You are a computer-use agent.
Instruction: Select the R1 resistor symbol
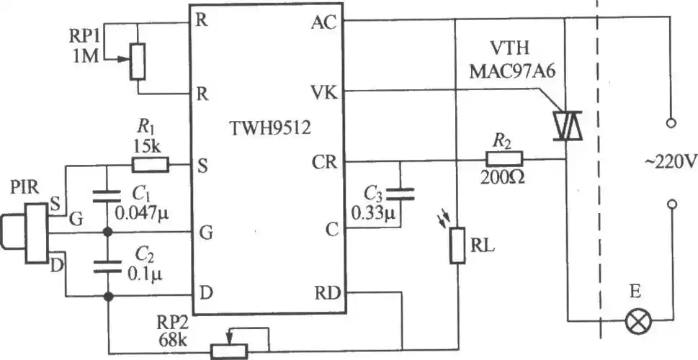point(151,165)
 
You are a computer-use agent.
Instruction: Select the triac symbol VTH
point(566,124)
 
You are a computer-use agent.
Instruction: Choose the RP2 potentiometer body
point(230,350)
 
